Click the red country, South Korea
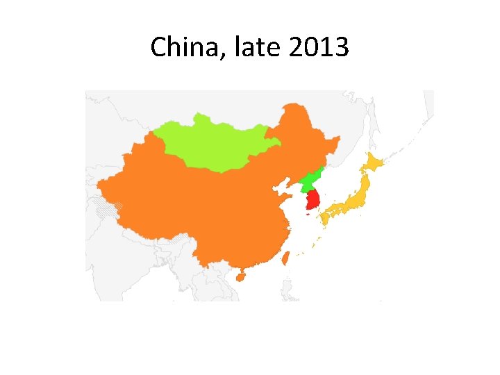312,200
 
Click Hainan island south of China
240,276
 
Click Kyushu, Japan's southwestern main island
324,218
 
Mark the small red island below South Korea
308,215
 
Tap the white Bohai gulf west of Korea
283,186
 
